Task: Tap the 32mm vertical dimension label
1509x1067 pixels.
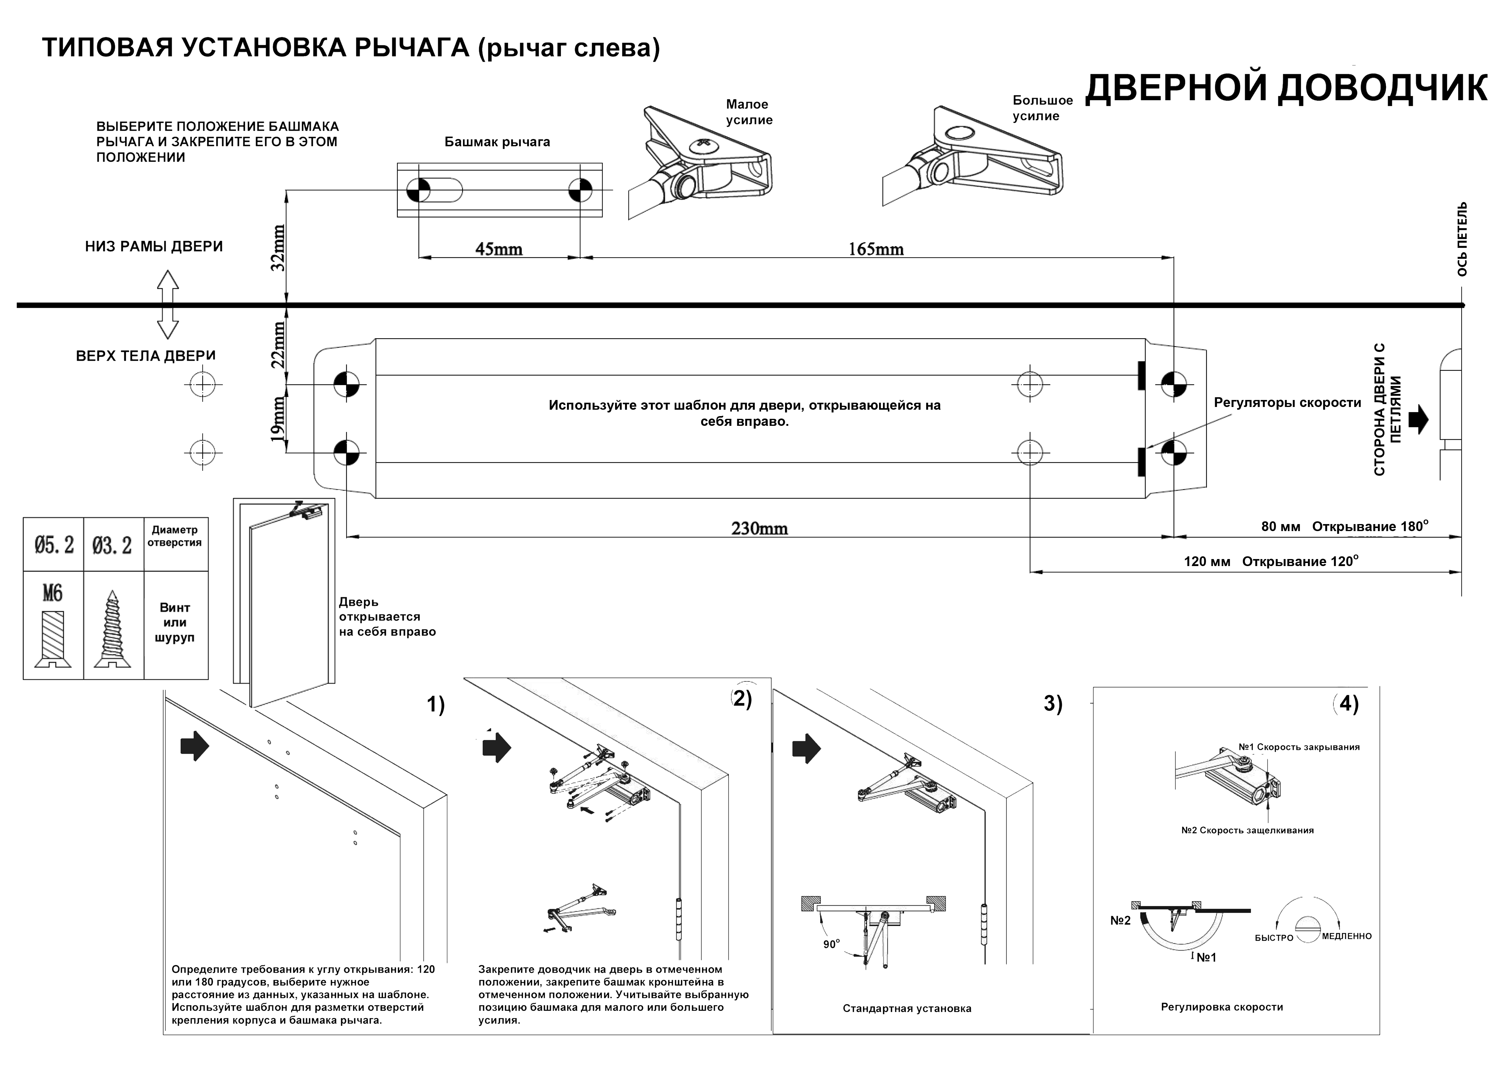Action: (279, 248)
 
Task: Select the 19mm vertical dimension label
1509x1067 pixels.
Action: (279, 419)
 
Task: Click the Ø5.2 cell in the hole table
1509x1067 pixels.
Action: (54, 545)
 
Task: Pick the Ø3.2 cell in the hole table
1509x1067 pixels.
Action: (112, 545)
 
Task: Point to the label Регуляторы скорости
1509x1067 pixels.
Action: (1287, 403)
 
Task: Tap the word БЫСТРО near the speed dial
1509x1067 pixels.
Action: (1274, 937)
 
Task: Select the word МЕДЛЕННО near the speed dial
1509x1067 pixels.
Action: (1347, 936)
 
